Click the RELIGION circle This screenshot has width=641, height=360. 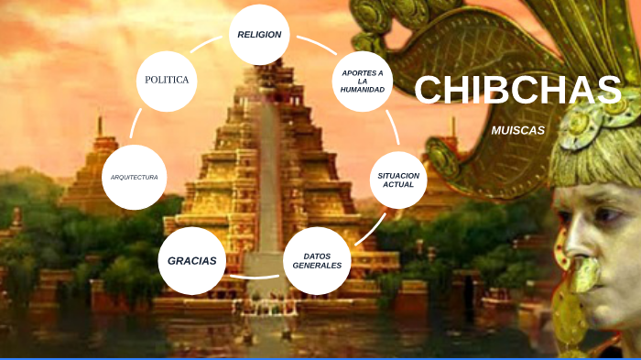point(259,35)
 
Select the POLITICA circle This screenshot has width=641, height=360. point(167,80)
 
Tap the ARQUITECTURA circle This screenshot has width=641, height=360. point(135,176)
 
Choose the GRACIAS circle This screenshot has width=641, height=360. point(191,260)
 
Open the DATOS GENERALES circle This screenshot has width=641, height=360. point(317,260)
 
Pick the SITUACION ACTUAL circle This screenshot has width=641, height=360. point(399,180)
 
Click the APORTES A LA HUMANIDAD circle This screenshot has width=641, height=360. point(363,81)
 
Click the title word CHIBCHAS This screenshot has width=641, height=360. point(517,90)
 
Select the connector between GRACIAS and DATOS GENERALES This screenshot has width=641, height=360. point(254,275)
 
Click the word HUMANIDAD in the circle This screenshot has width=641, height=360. point(363,91)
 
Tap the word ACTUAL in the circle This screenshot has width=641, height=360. point(399,185)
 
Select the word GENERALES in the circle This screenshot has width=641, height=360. point(317,266)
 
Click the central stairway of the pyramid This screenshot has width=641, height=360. point(267,183)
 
